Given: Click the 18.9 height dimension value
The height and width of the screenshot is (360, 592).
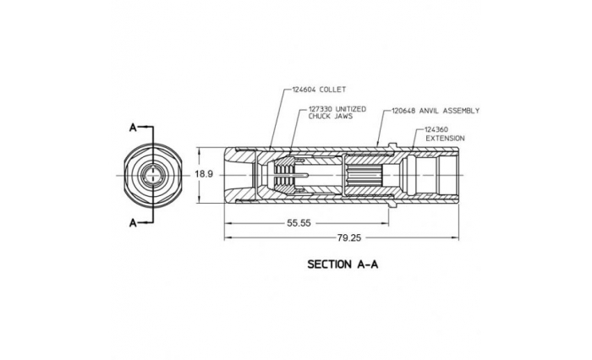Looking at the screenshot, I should click(x=204, y=174).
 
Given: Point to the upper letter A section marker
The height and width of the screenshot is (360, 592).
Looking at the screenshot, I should click(x=133, y=128).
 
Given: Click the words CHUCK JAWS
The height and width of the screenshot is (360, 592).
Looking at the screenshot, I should click(x=325, y=118).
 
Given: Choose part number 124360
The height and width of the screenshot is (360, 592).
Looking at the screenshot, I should click(x=441, y=129).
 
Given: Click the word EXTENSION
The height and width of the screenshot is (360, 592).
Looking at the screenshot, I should click(x=444, y=138).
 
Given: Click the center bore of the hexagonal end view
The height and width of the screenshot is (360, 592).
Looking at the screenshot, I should click(x=152, y=175).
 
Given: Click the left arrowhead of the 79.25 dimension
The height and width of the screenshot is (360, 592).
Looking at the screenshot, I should click(x=227, y=238).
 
